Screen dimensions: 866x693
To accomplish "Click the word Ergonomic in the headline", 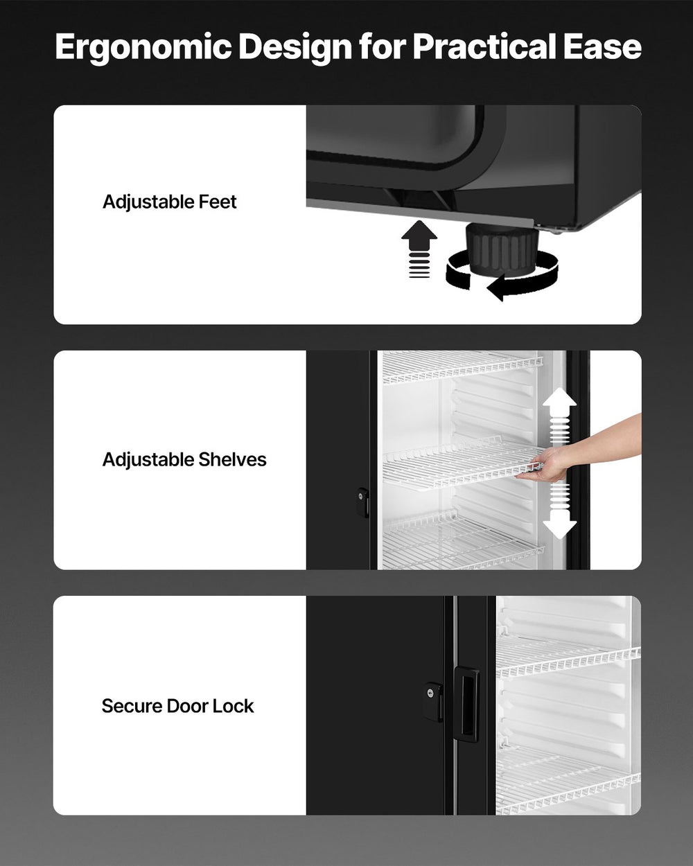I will (143, 47).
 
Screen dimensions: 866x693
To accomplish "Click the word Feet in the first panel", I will (218, 202).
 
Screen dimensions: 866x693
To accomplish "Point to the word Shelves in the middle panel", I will (232, 459).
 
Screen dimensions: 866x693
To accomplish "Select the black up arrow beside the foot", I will (419, 239).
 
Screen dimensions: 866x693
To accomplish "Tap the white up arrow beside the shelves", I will (559, 409).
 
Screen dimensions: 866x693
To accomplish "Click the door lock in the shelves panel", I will (362, 502).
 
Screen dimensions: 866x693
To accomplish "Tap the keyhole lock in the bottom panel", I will (434, 692).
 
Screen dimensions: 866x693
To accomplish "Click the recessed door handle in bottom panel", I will (466, 704).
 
